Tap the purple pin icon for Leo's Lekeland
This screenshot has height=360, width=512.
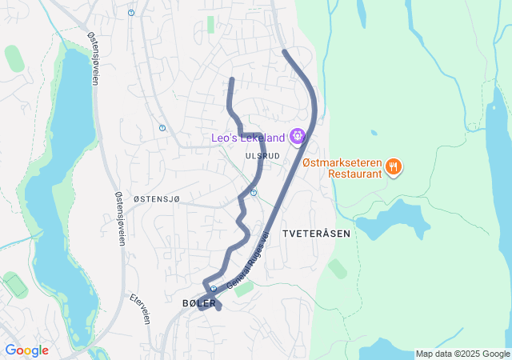pyautogui.click(x=298, y=137)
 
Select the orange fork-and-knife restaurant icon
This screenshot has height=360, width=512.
pyautogui.click(x=393, y=166)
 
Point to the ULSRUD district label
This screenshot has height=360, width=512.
pyautogui.click(x=263, y=155)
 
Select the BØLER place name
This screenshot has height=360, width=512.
pyautogui.click(x=199, y=303)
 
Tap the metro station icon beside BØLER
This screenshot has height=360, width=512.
pyautogui.click(x=213, y=290)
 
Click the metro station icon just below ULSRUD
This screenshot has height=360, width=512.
pyautogui.click(x=254, y=193)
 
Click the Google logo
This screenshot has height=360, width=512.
pyautogui.click(x=26, y=350)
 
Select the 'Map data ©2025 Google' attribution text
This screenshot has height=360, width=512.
pyautogui.click(x=462, y=354)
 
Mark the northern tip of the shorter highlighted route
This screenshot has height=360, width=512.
pyautogui.click(x=231, y=79)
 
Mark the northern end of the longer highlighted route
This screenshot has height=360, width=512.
pyautogui.click(x=285, y=52)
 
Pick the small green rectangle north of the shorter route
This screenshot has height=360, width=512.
pyautogui.click(x=211, y=24)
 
